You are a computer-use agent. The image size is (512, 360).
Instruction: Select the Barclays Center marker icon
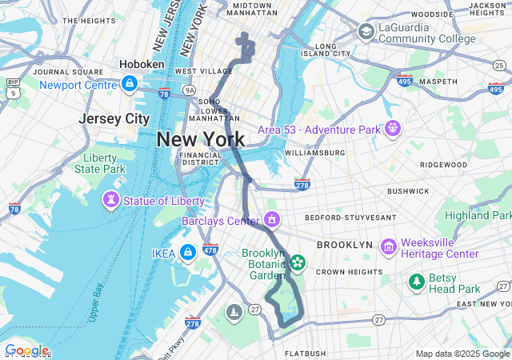[x=272, y=218]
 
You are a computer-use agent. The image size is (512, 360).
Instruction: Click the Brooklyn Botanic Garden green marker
[x=297, y=262]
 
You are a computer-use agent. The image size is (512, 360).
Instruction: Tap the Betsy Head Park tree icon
[x=416, y=281]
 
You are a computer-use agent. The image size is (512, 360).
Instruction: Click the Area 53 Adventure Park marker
[x=392, y=127]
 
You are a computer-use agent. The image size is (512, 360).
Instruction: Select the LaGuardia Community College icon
[x=366, y=31]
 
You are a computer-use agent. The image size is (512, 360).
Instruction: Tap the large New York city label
[x=200, y=139]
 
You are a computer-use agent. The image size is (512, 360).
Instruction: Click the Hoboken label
[x=142, y=64]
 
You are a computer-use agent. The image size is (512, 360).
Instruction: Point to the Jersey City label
[x=114, y=118]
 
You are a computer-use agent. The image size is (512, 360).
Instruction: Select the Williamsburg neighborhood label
[x=314, y=152]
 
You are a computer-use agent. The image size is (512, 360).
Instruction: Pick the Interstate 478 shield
[x=210, y=250]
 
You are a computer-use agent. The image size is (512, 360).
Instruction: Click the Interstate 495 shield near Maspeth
[x=404, y=80]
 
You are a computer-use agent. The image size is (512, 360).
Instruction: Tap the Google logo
[x=26, y=350]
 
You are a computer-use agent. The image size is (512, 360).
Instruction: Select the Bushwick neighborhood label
[x=408, y=191]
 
